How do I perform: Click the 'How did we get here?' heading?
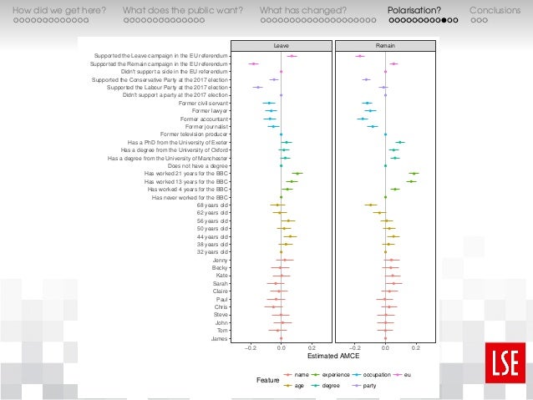pos(53,10)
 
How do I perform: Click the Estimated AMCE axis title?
pos(332,356)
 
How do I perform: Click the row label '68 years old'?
pos(212,205)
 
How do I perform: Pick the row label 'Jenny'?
pos(220,260)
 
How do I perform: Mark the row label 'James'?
pos(220,338)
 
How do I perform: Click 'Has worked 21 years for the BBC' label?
pos(186,174)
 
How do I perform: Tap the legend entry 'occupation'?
pos(373,375)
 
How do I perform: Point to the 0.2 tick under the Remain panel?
pos(415,346)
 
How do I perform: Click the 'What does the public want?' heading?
pos(182,10)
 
